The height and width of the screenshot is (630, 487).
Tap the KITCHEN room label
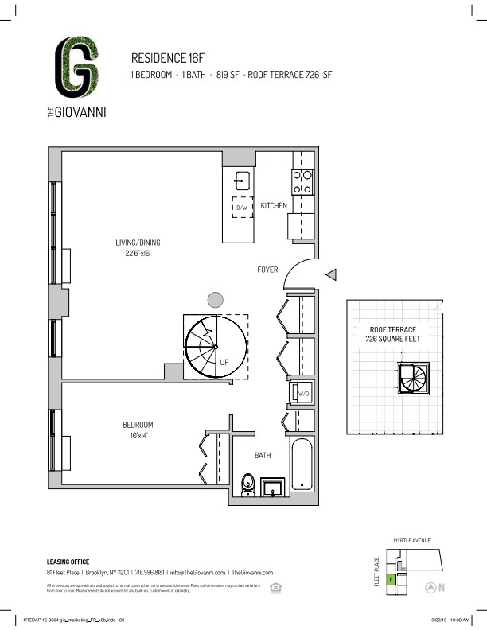click(x=274, y=206)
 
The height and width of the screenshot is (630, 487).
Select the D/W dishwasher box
click(x=243, y=208)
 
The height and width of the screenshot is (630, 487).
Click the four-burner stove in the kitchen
click(x=302, y=182)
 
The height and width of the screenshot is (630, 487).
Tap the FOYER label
click(x=267, y=270)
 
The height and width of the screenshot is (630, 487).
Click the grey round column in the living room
click(x=215, y=299)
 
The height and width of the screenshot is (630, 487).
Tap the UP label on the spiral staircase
click(x=224, y=361)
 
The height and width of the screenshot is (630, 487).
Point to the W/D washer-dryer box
click(x=303, y=394)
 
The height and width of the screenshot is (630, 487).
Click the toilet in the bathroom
click(x=247, y=483)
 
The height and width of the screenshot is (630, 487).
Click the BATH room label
click(x=263, y=456)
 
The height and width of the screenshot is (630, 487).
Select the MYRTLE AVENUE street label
click(x=411, y=541)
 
